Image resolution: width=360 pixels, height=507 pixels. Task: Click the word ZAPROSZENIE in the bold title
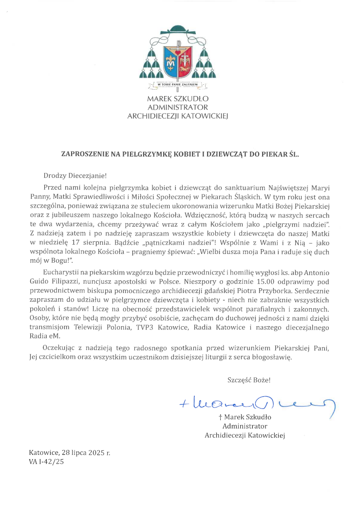(x=82, y=154)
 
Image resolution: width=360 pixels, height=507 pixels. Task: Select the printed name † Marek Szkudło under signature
(x=245, y=417)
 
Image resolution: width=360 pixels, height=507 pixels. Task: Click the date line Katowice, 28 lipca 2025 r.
(x=70, y=453)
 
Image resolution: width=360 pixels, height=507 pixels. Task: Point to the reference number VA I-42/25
(x=47, y=461)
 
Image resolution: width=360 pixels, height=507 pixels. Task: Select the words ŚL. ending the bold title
(x=293, y=154)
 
